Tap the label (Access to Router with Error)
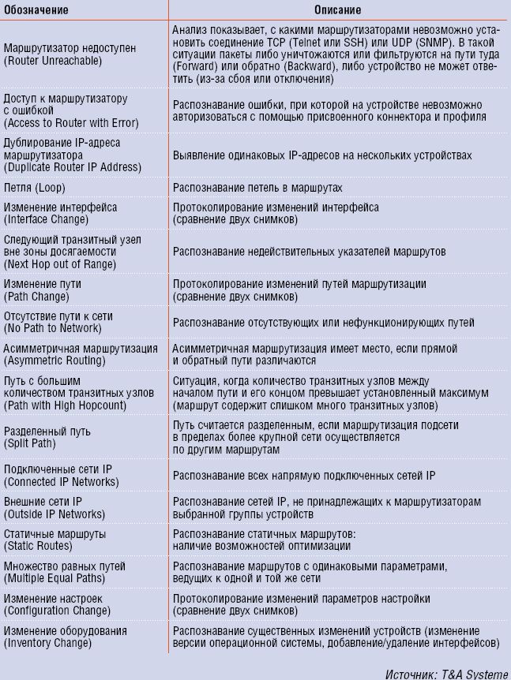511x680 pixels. (x=71, y=123)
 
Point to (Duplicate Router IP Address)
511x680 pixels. (x=73, y=167)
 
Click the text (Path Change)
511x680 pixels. (x=36, y=297)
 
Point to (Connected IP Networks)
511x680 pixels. (x=59, y=480)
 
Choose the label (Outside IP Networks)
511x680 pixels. (x=54, y=513)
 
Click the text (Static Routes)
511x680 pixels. (x=39, y=545)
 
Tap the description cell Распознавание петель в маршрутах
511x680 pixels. (x=257, y=189)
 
